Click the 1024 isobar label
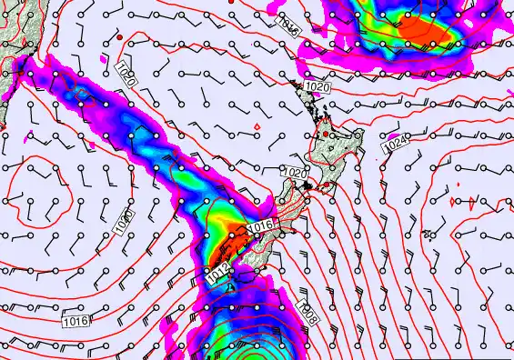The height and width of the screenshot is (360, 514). (x=396, y=145)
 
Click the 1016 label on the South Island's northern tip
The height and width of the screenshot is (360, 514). (x=260, y=225)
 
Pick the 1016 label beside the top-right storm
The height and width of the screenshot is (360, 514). (x=288, y=24)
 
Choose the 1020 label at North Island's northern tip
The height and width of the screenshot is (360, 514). (x=317, y=86)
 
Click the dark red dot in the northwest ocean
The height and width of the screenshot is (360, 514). (x=119, y=36)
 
